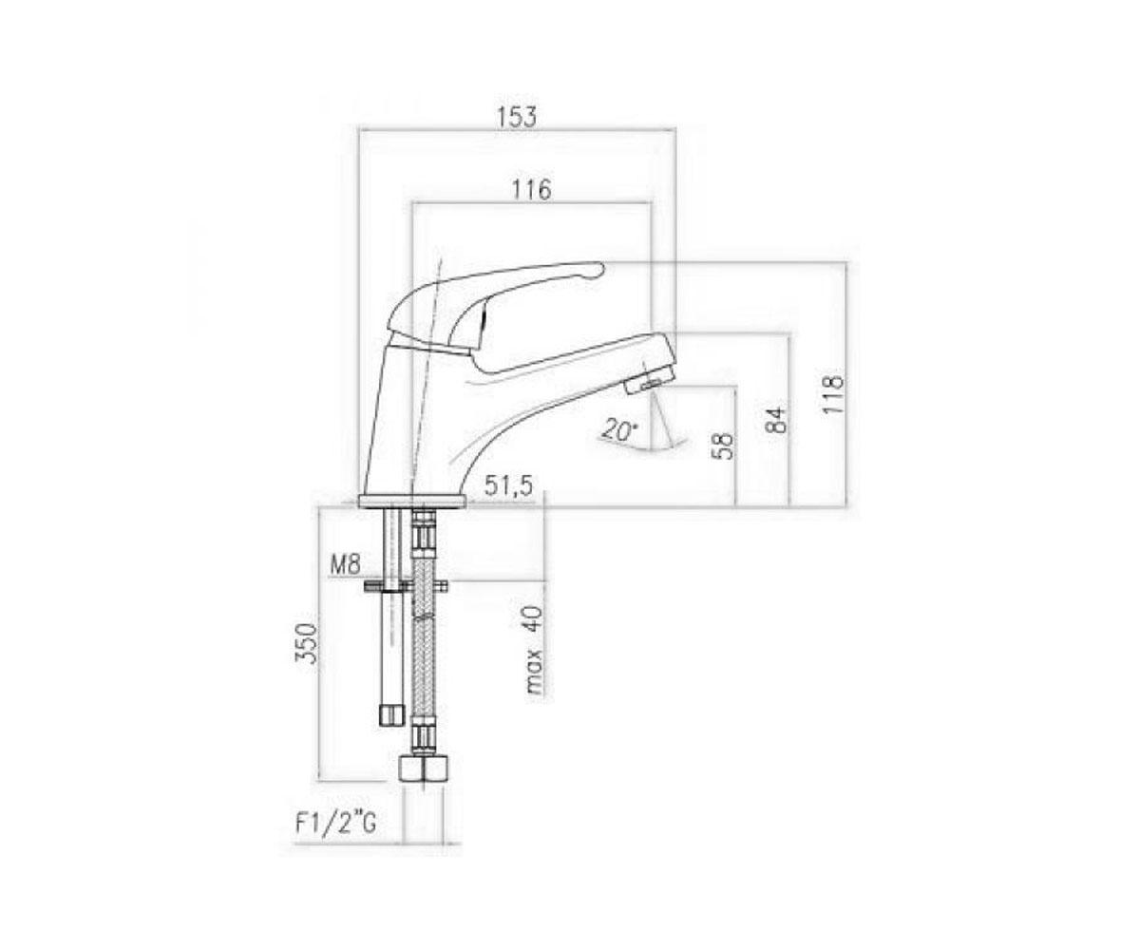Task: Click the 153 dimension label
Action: (x=516, y=117)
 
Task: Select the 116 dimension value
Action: (x=531, y=189)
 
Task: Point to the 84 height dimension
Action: (x=778, y=420)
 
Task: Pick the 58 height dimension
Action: (x=723, y=446)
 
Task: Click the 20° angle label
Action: (x=620, y=429)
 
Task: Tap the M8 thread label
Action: (x=345, y=565)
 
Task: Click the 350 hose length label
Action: (x=306, y=642)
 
